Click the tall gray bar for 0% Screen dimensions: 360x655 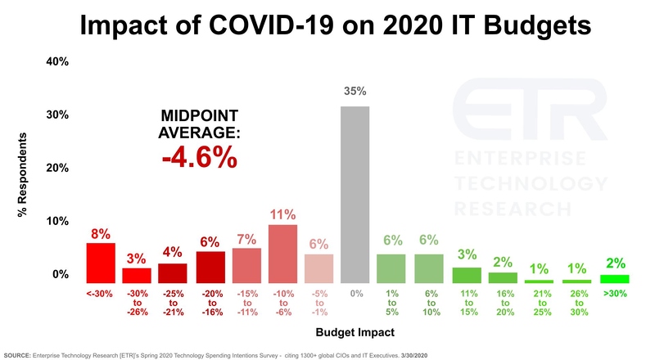pyautogui.click(x=355, y=195)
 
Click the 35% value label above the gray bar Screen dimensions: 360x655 pyautogui.click(x=355, y=91)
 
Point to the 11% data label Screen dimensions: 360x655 pyautogui.click(x=282, y=214)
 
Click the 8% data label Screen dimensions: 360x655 pyautogui.click(x=101, y=233)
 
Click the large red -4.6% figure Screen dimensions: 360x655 pyautogui.click(x=199, y=156)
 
